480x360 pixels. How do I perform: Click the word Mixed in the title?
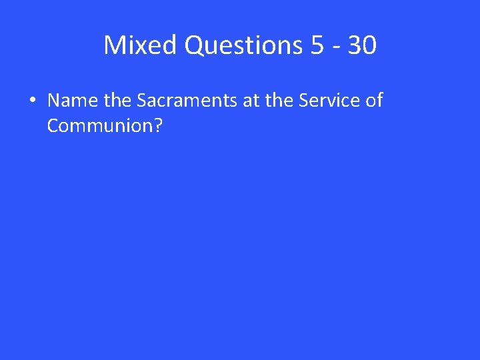click(x=141, y=45)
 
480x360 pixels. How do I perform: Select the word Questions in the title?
click(x=243, y=45)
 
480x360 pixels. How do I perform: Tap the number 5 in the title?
click(x=317, y=45)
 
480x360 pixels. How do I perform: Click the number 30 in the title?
click(x=361, y=45)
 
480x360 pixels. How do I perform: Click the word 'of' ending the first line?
click(x=374, y=101)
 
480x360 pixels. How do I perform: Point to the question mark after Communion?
click(x=158, y=125)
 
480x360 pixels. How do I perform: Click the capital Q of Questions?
click(x=195, y=45)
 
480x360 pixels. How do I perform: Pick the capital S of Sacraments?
click(x=141, y=101)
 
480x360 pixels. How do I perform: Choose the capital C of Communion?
click(x=53, y=125)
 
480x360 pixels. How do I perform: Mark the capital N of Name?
click(x=54, y=101)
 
